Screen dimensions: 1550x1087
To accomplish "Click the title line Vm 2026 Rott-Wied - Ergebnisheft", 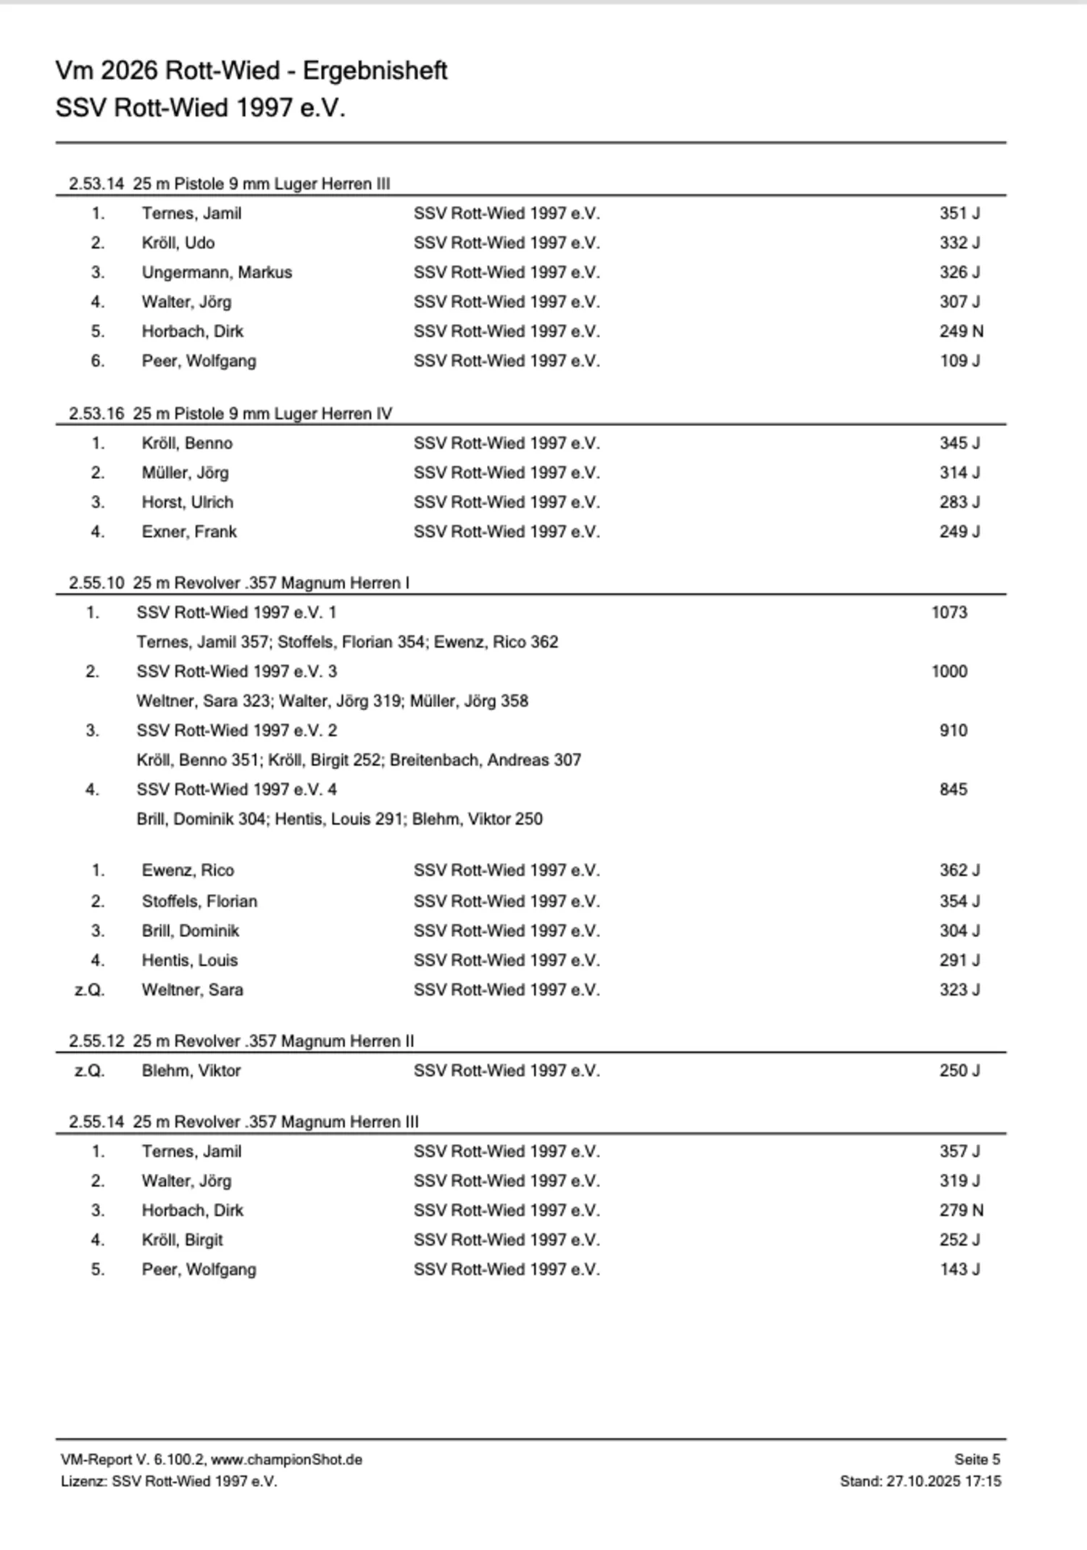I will coord(251,71).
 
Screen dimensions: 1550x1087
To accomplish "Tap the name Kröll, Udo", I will coord(178,243).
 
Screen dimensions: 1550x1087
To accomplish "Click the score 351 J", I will coord(959,213).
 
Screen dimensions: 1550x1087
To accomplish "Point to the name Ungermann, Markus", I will coord(217,272).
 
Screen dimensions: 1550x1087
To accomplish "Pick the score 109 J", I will coord(959,361).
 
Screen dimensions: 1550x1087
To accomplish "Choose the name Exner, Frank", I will coord(189,532).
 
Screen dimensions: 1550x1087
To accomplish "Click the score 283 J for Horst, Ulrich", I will coord(959,502).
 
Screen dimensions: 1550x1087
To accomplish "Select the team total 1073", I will coord(949,612).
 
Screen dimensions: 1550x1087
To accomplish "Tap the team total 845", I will coord(953,789).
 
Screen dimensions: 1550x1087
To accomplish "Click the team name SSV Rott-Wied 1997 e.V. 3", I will coord(236,672).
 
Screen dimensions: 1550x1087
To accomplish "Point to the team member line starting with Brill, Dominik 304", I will coord(339,819).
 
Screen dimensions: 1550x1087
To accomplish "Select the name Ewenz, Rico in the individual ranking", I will coord(188,870).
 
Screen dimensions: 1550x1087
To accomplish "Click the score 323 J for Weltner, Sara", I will coord(959,990).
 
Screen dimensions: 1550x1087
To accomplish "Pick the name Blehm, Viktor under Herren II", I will coord(191,1071).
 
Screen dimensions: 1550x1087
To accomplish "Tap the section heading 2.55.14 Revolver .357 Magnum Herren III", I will coord(243,1122).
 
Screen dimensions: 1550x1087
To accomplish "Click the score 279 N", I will coord(961,1211).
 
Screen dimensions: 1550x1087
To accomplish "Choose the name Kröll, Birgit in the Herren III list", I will coord(182,1240).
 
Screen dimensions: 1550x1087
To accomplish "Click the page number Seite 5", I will coord(977,1459).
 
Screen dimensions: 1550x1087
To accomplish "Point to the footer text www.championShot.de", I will coord(286,1459).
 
